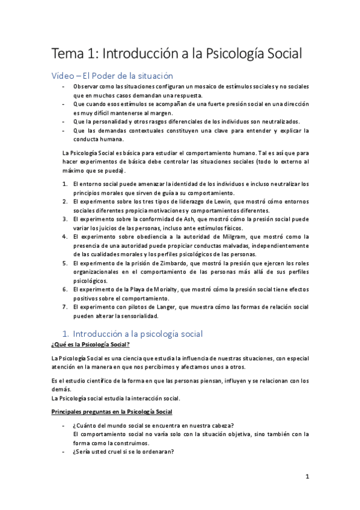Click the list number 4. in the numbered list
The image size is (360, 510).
(65, 237)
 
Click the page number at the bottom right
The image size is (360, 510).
(307, 478)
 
